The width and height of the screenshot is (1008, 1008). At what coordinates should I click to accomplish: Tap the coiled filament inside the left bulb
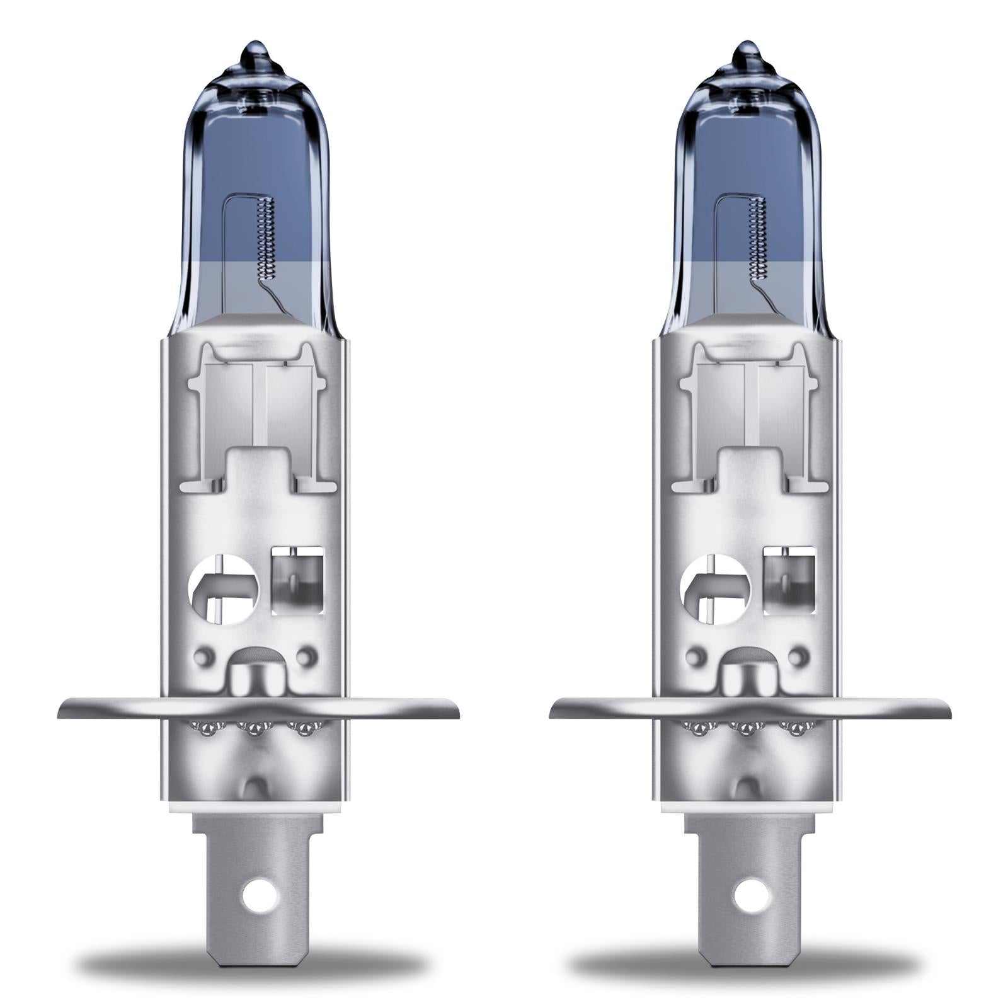[268, 239]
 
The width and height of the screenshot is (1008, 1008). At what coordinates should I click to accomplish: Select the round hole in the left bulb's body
[222, 589]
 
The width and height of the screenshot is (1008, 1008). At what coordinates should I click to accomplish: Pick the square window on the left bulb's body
[297, 580]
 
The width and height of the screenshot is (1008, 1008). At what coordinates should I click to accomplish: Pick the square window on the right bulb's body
[790, 580]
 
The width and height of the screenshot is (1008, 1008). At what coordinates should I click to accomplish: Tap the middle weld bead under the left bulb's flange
[254, 729]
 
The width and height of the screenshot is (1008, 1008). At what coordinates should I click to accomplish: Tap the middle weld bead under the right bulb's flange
[747, 729]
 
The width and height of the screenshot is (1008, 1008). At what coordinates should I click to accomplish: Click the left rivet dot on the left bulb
[202, 656]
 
